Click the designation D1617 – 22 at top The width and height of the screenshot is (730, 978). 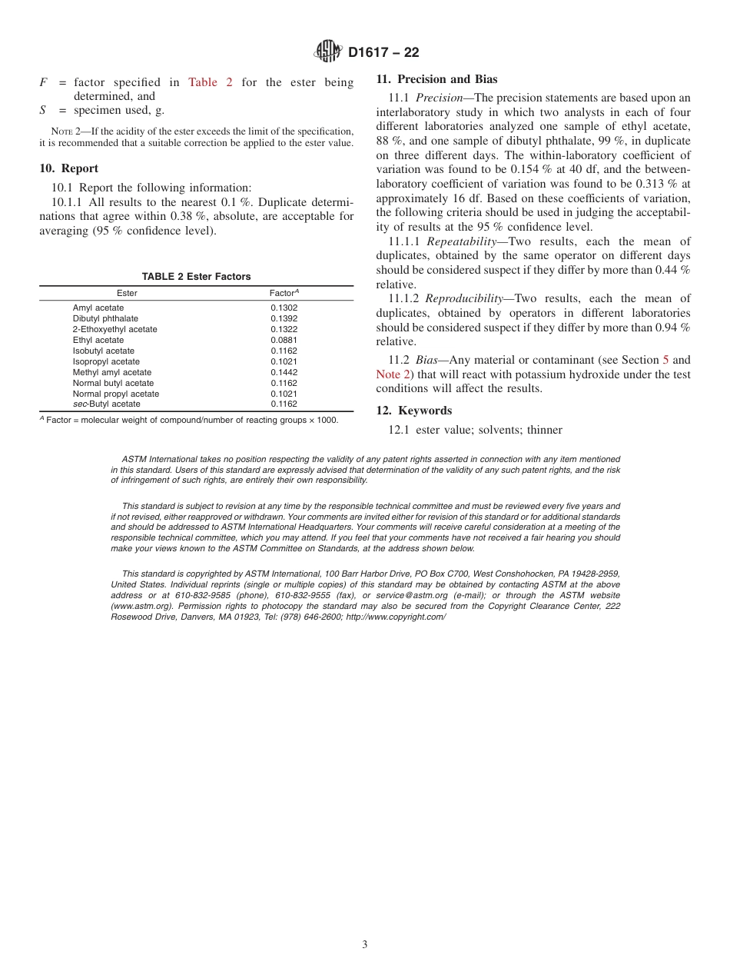[383, 53]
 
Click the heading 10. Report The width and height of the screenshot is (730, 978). [68, 168]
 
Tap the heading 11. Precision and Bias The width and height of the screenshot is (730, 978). [436, 79]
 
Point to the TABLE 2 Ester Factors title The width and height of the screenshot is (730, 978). [196, 277]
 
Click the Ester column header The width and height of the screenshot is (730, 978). [127, 293]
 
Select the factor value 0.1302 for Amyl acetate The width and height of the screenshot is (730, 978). [284, 308]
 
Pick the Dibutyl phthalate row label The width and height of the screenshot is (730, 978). [105, 318]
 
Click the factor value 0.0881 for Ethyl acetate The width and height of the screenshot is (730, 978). [284, 340]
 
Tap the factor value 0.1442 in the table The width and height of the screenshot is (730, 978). [284, 372]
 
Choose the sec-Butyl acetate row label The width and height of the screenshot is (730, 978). [106, 404]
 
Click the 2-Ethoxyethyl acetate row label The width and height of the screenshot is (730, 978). [114, 329]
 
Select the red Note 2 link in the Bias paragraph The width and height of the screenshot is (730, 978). [388, 374]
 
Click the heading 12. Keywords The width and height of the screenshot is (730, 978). [413, 411]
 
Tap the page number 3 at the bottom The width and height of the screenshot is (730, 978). [365, 945]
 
